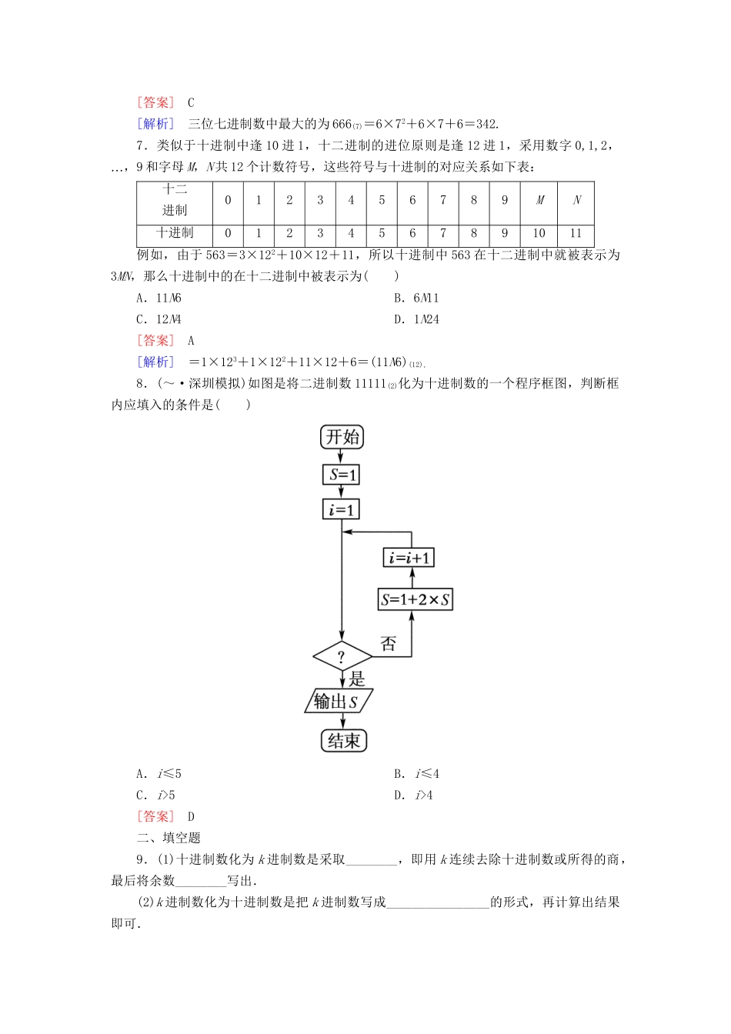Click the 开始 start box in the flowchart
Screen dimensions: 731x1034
pos(342,437)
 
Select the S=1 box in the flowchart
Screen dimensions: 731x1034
pos(342,475)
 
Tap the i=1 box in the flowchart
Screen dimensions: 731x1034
pos(342,509)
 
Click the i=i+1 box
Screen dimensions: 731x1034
pos(409,558)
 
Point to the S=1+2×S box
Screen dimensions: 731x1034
pos(416,599)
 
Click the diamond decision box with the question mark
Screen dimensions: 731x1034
pos(342,657)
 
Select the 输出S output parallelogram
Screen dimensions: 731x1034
pos(339,701)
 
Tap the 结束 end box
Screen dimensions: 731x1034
pos(343,741)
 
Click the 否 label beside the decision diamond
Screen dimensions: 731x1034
pos(389,644)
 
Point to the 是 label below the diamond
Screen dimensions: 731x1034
pos(357,679)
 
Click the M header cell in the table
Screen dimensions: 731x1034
pos(539,200)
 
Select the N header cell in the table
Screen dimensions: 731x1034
pos(576,200)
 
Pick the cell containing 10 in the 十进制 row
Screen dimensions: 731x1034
pos(539,233)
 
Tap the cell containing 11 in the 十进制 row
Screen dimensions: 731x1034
pos(576,233)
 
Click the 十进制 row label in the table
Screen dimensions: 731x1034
pos(175,233)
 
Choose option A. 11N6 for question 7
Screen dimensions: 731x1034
pos(159,298)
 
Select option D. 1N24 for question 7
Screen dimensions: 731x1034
pos(416,319)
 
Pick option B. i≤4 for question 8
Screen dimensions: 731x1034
pos(416,773)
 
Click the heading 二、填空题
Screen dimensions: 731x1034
pos(169,838)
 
